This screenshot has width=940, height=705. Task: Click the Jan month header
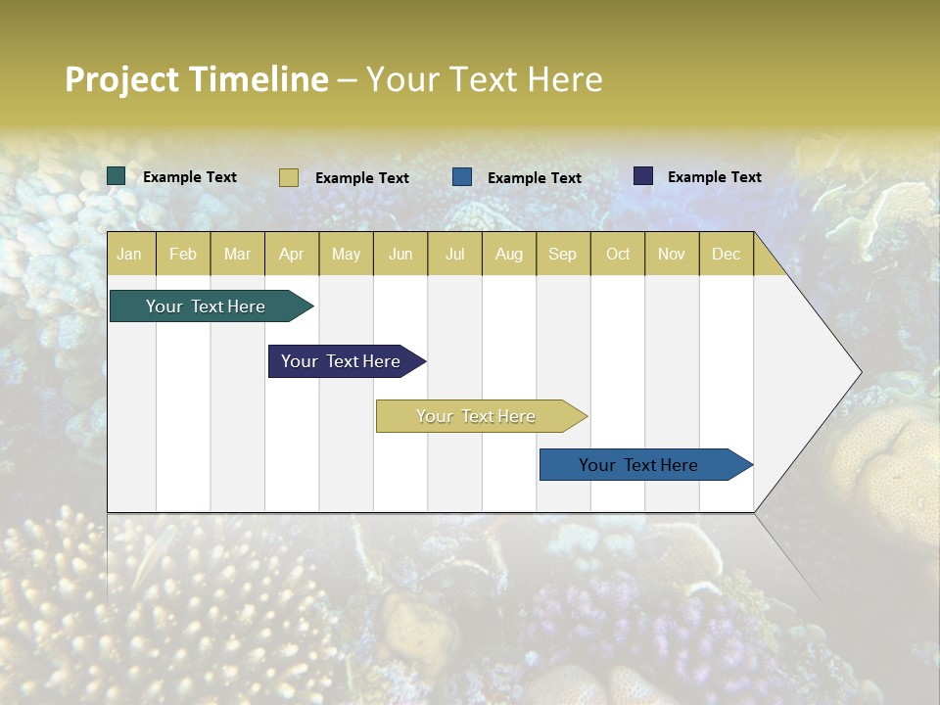coord(129,254)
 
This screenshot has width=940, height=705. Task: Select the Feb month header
coord(183,254)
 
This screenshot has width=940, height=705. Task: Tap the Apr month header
coord(291,254)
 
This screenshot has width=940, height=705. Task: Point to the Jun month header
coord(400,254)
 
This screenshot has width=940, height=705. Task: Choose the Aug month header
coord(508,254)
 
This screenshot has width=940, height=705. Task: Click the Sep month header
coord(562,254)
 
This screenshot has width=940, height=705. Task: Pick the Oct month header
coord(618,254)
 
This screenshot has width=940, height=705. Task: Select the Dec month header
coord(726,254)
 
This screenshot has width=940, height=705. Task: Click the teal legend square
coord(117,176)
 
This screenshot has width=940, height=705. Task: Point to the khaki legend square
coord(288,177)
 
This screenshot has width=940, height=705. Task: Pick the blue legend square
coord(462,177)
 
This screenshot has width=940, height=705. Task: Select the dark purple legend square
coord(643,176)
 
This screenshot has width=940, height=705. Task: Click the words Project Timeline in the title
coord(196,79)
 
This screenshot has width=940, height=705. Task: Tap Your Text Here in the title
coord(484,79)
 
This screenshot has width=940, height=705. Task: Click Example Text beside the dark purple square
coord(714,177)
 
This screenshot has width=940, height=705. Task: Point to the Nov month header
coord(671,254)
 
